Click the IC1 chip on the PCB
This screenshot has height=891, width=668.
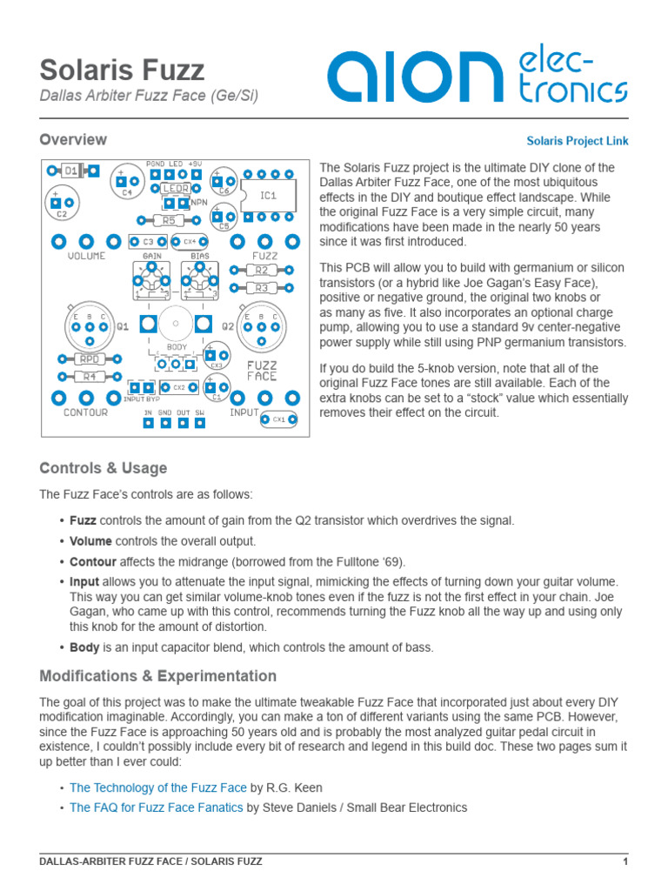tap(268, 196)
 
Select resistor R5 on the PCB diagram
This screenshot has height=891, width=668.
tap(169, 221)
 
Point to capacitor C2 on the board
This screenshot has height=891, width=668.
tap(60, 203)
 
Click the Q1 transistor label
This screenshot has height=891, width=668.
tap(122, 326)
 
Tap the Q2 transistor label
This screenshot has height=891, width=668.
tap(228, 326)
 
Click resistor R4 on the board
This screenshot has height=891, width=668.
tap(88, 377)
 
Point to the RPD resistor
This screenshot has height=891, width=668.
tap(88, 358)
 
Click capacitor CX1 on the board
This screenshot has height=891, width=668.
tap(278, 419)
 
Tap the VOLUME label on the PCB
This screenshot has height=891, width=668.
tap(86, 257)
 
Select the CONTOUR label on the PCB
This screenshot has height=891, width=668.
tap(86, 412)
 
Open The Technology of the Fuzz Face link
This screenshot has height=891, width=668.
tap(158, 787)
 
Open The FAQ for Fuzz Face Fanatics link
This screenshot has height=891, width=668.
tap(157, 807)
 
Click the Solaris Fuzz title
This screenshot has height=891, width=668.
tap(123, 70)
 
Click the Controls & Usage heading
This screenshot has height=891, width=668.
tap(104, 468)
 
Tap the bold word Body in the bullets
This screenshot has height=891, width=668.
tap(84, 647)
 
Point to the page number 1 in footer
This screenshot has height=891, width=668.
tap(625, 861)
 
